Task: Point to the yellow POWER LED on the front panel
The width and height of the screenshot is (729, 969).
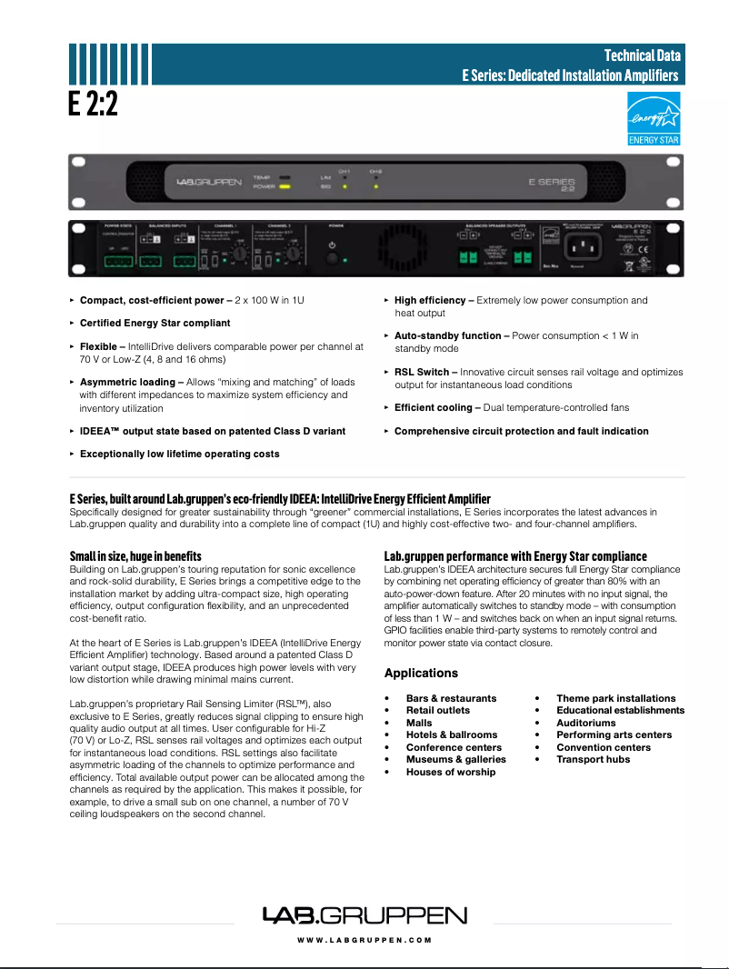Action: [x=285, y=186]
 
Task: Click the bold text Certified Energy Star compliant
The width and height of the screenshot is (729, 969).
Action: [x=155, y=323]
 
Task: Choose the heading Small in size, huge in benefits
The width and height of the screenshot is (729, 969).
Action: [x=135, y=555]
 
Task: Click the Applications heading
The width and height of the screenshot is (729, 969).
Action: [x=421, y=674]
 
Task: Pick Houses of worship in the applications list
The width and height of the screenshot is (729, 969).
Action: [x=451, y=772]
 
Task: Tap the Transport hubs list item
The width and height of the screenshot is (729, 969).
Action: [x=593, y=759]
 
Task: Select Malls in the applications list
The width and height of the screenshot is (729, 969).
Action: [x=419, y=723]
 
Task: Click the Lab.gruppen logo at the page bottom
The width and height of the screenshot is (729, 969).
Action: [x=364, y=915]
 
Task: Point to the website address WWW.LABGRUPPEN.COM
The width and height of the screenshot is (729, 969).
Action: [x=364, y=940]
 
